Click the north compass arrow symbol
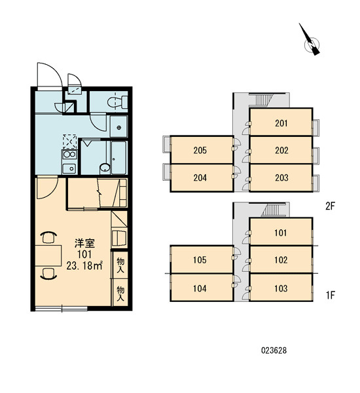pyautogui.click(x=310, y=41)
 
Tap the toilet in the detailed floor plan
pyautogui.click(x=117, y=102)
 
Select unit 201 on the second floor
pyautogui.click(x=281, y=122)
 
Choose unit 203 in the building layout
pyautogui.click(x=281, y=178)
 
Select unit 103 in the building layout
pyautogui.click(x=281, y=288)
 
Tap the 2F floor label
pyautogui.click(x=330, y=206)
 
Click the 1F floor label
pyautogui.click(x=330, y=295)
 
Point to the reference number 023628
pyautogui.click(x=274, y=350)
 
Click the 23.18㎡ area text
pyautogui.click(x=84, y=265)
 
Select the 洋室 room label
pyautogui.click(x=84, y=243)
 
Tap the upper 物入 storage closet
pyautogui.click(x=120, y=265)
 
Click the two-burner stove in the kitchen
pyautogui.click(x=69, y=155)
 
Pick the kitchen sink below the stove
pyautogui.click(x=69, y=168)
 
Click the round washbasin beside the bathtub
pyautogui.click(x=105, y=168)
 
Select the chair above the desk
pyautogui.click(x=48, y=237)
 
